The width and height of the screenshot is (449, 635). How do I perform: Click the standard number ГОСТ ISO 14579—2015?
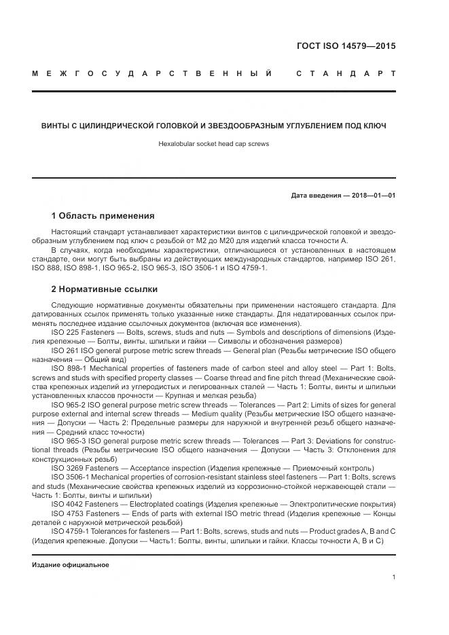click(346, 47)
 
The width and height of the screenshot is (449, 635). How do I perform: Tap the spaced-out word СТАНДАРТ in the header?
click(346, 73)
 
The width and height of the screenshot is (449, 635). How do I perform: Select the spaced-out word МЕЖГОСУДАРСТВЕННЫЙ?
click(153, 73)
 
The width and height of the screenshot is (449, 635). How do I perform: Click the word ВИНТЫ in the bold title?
click(56, 126)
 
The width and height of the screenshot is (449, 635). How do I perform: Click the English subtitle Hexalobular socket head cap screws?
click(213, 144)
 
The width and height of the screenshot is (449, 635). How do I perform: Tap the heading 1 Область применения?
click(103, 216)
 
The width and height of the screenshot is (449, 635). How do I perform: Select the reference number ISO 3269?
click(68, 468)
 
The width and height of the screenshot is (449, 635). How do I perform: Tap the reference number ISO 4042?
click(68, 505)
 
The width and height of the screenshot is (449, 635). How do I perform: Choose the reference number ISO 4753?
click(68, 513)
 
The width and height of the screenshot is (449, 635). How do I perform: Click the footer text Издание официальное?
click(71, 565)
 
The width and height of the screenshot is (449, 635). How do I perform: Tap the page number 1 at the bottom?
click(393, 577)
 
